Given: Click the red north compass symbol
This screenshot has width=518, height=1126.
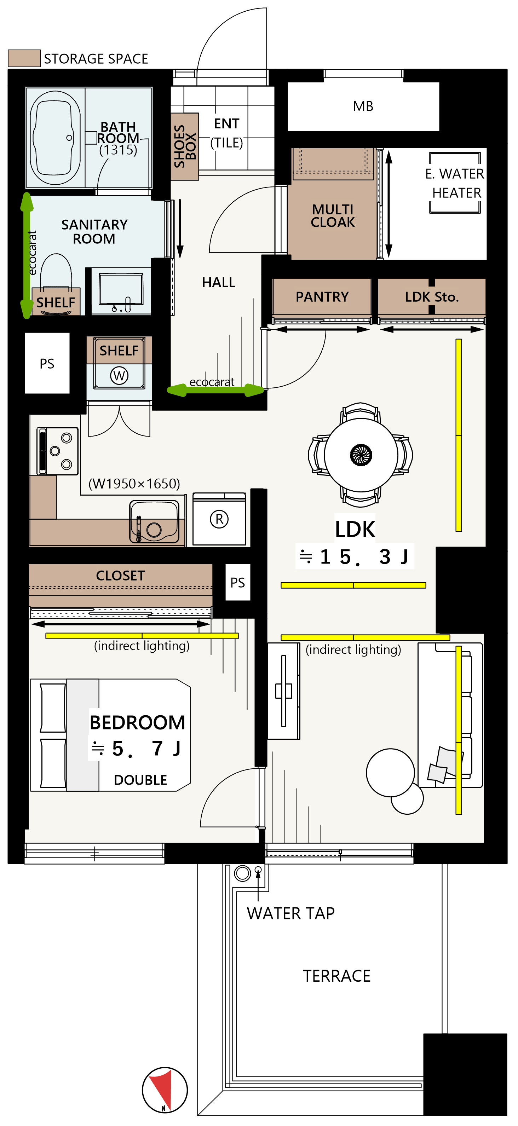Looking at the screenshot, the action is [165, 1090].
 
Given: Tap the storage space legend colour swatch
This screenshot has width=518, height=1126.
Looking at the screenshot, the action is [24, 58].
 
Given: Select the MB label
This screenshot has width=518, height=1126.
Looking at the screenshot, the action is [363, 106].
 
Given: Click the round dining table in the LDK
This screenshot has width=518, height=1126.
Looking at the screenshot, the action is [361, 455].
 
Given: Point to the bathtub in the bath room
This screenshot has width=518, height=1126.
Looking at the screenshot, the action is [56, 138].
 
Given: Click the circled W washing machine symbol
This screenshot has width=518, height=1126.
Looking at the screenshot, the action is [119, 375].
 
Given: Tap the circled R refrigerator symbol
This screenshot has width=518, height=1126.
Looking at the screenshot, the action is [219, 519].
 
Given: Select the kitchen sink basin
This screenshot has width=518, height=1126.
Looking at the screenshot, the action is [154, 521].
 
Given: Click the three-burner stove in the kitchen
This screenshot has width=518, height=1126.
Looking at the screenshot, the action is [58, 451].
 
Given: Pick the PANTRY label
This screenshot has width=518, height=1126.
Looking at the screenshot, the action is [322, 297].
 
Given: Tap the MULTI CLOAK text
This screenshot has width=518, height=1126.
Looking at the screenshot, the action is [333, 215].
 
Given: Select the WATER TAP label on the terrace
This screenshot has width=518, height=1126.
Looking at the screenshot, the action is [291, 913].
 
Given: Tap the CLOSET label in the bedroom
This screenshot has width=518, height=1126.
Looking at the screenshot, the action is [120, 575].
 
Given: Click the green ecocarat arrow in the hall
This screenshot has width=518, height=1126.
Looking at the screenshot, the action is [216, 390].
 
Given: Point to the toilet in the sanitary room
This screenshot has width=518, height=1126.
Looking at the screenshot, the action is [56, 273].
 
